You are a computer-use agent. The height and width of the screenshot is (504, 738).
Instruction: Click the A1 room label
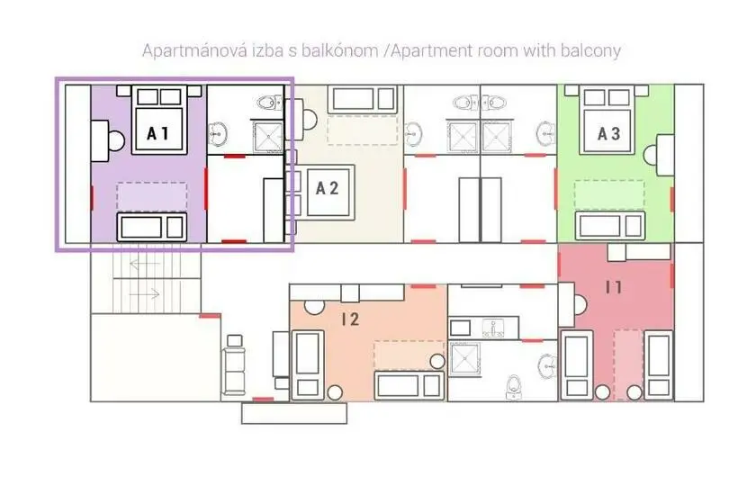157,133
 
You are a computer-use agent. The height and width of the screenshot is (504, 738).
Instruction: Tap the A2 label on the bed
327,188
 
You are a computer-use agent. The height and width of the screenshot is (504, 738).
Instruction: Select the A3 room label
608,133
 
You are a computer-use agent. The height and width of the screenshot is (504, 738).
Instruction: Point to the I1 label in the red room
614,286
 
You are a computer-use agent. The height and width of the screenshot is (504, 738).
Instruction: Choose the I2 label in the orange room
351,319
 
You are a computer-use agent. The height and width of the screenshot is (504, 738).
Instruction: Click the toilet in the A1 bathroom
269,102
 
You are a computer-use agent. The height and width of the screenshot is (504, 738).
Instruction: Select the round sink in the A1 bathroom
218,133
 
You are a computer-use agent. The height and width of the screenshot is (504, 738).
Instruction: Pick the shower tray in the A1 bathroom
269,137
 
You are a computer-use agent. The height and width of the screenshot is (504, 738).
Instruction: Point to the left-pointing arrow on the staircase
144,265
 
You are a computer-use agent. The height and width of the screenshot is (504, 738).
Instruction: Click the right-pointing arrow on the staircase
144,294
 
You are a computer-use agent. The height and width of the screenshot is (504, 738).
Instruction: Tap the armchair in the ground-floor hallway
234,364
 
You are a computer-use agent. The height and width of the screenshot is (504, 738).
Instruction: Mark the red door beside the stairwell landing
210,315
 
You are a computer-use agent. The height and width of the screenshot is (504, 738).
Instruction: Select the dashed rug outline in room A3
609,194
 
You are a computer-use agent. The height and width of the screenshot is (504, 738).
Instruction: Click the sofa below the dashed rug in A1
151,228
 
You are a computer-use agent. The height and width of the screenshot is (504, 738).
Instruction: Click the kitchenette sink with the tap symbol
493,328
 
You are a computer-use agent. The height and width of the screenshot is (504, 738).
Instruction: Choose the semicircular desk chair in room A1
117,140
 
